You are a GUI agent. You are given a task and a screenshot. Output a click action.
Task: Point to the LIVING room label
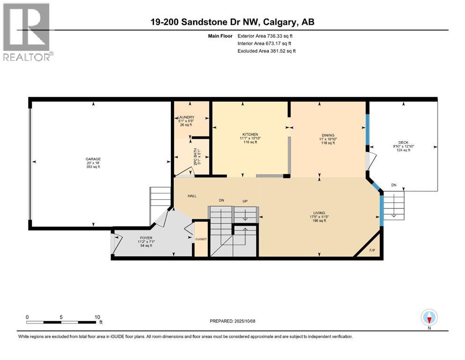click(x=319, y=212)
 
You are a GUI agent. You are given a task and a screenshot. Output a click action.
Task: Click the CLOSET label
click(x=201, y=239)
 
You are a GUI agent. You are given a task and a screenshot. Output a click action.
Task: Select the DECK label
click(x=403, y=142)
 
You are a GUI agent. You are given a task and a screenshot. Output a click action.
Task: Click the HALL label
click(x=192, y=196)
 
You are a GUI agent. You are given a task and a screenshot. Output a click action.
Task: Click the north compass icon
click(x=429, y=318)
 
